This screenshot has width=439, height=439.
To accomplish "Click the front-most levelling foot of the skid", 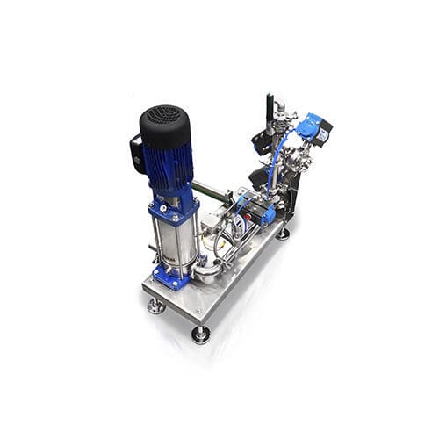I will click(201, 335).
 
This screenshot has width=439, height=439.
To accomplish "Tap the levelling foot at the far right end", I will click(283, 234).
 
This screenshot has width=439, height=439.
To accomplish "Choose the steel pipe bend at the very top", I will click(279, 109).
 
